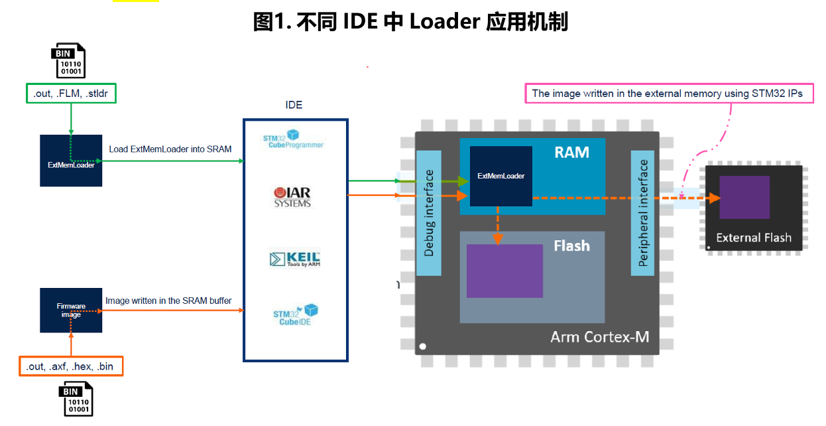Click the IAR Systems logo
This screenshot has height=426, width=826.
coord(292,197)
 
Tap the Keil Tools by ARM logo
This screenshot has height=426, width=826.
coord(294,259)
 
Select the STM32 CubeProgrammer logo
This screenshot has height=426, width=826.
coord(293,139)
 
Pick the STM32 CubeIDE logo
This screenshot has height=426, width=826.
coord(296,315)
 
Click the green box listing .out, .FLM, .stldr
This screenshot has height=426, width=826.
coord(71,94)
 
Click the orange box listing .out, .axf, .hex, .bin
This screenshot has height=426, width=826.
coord(71,366)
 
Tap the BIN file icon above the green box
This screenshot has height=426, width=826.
coord(68,60)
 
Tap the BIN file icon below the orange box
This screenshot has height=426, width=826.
coord(76,399)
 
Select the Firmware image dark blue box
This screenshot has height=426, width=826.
coord(71,311)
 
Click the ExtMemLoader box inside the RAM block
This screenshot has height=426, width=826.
coord(501,176)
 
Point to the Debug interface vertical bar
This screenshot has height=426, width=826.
coord(429,213)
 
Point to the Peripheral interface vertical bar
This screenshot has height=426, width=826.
coord(643,213)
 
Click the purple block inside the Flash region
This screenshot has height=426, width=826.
coord(505,271)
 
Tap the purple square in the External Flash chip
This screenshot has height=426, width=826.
coord(744,197)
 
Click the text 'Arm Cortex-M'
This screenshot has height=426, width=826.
coord(600,337)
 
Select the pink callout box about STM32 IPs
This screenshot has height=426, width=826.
coord(670,94)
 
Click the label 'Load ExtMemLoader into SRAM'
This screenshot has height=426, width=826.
coord(170,149)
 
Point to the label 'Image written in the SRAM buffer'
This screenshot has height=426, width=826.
coord(168,301)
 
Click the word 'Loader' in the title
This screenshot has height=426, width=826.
coord(445,21)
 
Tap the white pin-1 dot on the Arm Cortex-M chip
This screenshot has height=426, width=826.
coord(423,346)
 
